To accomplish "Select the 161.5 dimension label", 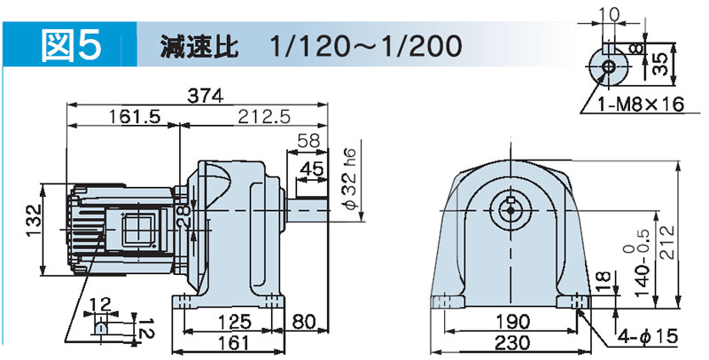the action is (x=135, y=117).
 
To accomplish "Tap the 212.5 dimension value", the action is (x=264, y=117).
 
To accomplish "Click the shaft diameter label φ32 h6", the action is (x=351, y=179).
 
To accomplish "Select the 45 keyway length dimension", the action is (x=312, y=168).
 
